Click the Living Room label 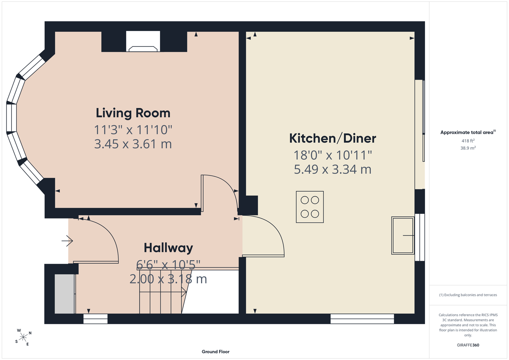[x=133, y=113]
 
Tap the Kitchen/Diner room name [x=332, y=138]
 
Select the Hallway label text [x=168, y=248]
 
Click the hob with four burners [x=310, y=207]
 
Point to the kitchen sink [x=403, y=235]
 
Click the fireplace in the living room [x=143, y=41]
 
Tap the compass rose [x=23, y=337]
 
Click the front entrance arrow [x=67, y=241]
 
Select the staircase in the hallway [x=163, y=291]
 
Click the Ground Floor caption [x=216, y=352]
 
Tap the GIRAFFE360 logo [x=468, y=345]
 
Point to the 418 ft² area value [x=468, y=141]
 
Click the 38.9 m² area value [x=468, y=148]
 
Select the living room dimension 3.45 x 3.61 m [x=133, y=144]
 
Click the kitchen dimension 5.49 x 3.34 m [x=332, y=170]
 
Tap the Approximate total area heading [x=468, y=132]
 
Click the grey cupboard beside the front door [x=64, y=294]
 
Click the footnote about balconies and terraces [x=468, y=295]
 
